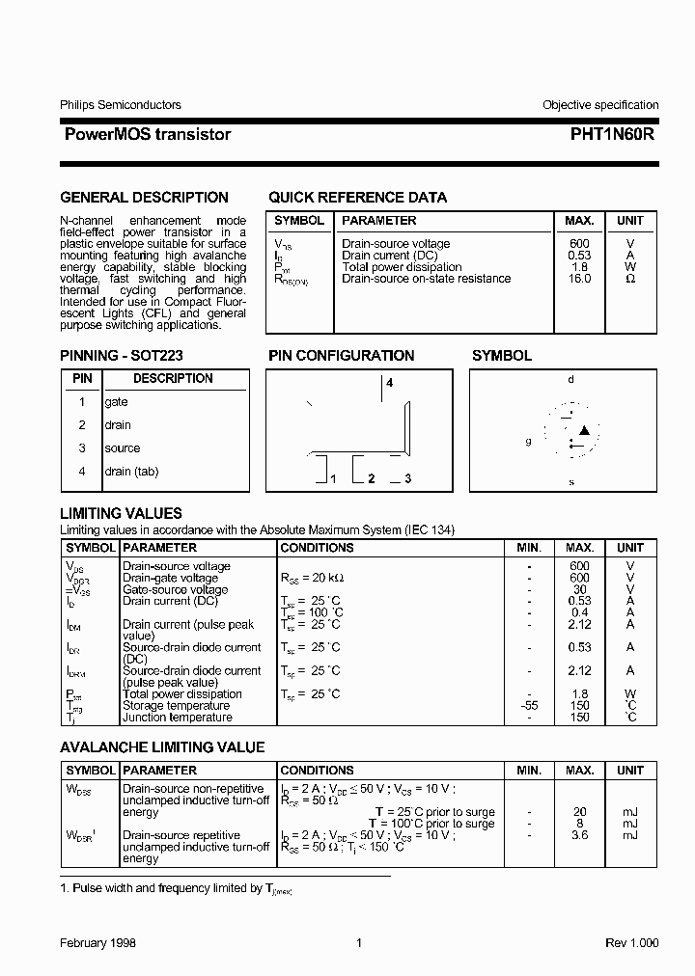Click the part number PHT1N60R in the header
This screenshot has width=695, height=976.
tap(606, 135)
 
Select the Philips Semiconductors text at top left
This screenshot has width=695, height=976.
tap(120, 105)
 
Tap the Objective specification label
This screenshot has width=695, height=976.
tap(599, 105)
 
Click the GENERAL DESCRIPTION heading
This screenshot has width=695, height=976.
tap(144, 198)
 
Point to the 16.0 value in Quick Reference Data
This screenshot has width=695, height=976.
tap(579, 279)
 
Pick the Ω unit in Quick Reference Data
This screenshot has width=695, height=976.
tap(630, 279)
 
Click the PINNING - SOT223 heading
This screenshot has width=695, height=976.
tap(122, 356)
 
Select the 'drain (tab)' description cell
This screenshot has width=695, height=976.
tap(131, 472)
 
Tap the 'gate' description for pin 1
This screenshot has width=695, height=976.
tap(116, 402)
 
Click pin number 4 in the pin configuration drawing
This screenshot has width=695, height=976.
tap(390, 384)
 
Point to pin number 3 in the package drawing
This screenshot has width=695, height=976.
tap(408, 479)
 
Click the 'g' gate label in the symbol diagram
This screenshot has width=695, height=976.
tap(528, 442)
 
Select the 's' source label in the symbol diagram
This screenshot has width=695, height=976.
tap(570, 481)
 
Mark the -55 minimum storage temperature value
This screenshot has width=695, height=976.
tap(529, 706)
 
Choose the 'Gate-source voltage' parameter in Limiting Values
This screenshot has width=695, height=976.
tap(175, 589)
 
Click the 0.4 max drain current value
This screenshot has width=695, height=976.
tap(579, 612)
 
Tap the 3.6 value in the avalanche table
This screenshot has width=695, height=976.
tap(579, 835)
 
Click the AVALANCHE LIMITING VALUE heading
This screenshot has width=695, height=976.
tap(162, 747)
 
